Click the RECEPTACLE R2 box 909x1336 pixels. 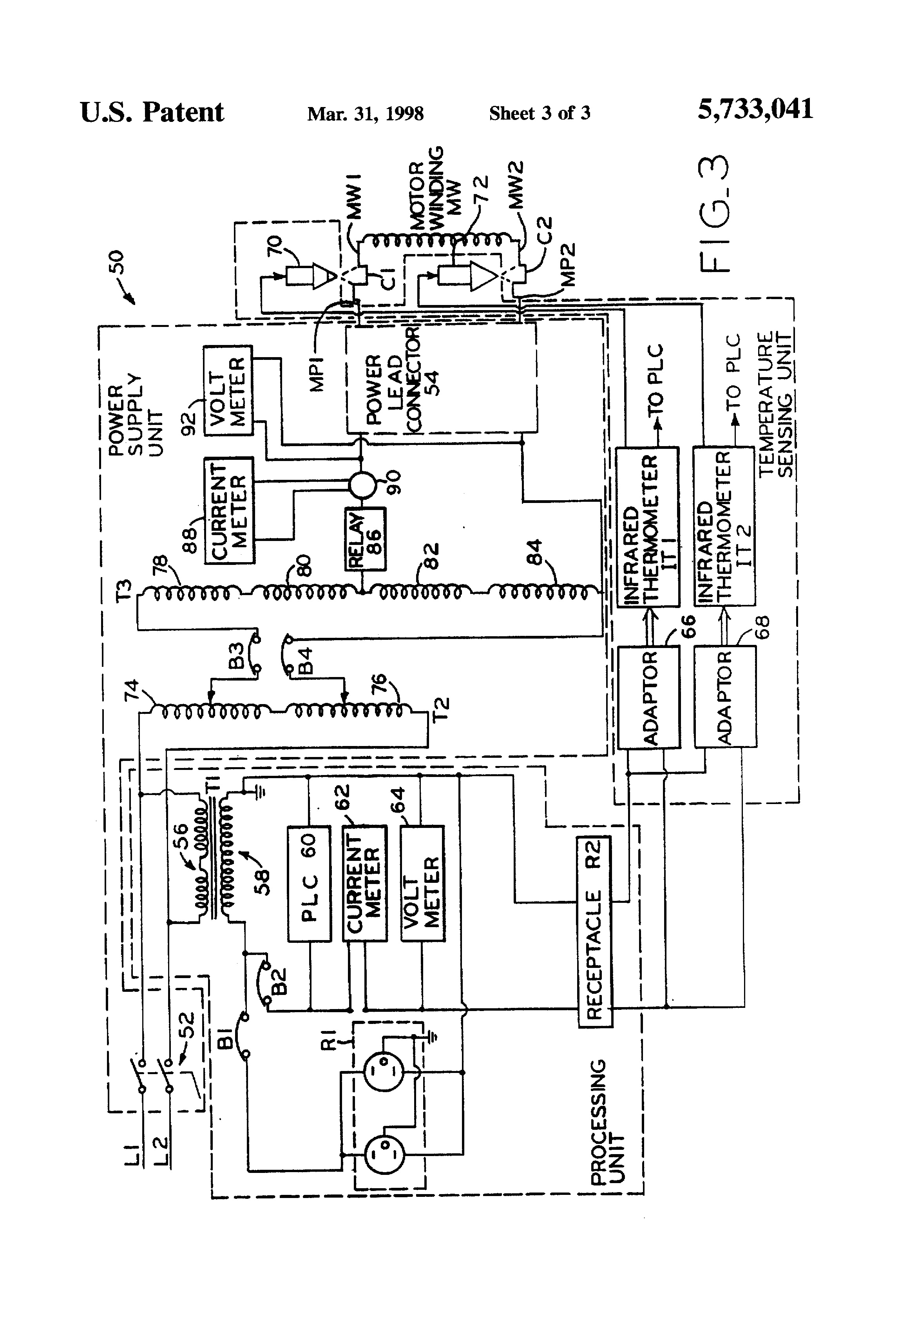coord(594,932)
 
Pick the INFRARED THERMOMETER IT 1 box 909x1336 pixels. coord(648,526)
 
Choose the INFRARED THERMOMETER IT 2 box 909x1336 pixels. coord(724,526)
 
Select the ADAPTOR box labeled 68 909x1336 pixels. coord(725,697)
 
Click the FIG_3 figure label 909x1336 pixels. coord(715,214)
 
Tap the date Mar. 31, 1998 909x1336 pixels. coord(366,113)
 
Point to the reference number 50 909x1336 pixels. coord(116,262)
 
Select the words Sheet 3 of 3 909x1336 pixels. coord(539,113)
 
